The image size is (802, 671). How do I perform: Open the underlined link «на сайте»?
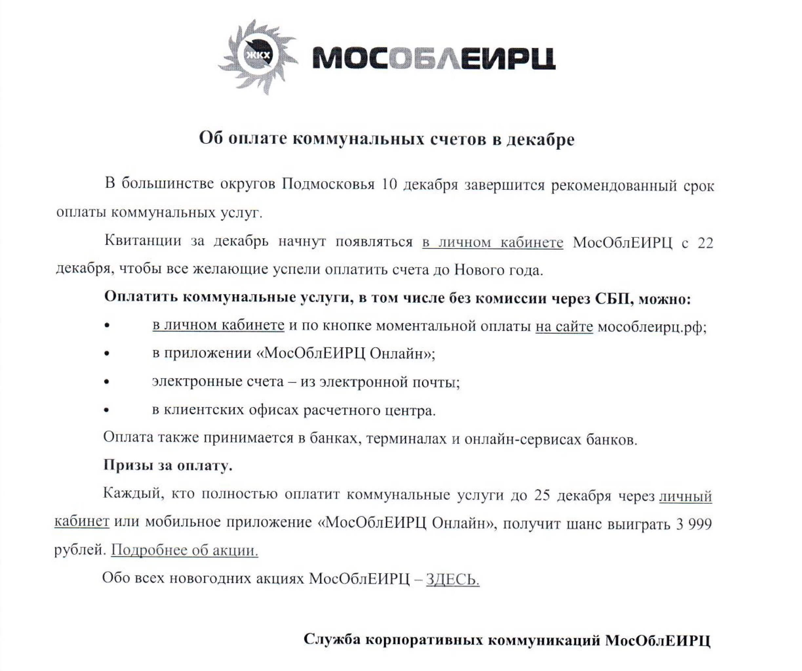pos(564,326)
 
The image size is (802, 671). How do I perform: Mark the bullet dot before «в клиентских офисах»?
pos(107,411)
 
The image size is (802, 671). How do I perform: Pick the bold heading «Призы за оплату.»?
pos(168,465)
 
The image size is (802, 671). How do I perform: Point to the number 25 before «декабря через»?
pos(542,495)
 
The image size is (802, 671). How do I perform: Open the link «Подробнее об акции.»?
pos(185,550)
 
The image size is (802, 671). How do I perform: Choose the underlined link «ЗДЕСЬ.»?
pos(452,579)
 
